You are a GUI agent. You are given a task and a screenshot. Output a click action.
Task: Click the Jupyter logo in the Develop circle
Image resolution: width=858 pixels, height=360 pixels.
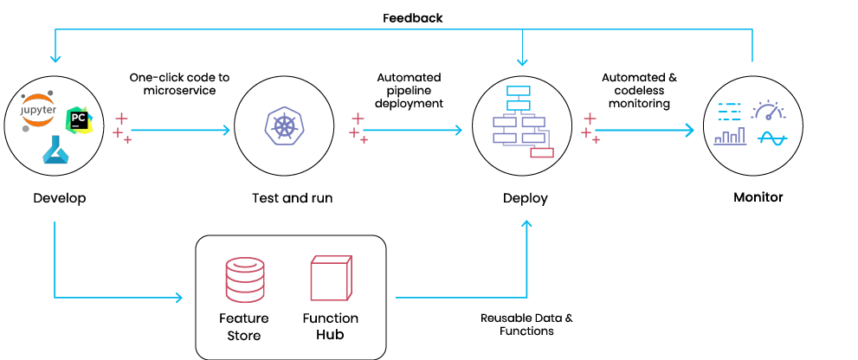pyautogui.click(x=38, y=111)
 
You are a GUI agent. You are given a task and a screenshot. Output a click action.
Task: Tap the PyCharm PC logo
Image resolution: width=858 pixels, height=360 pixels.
pyautogui.click(x=79, y=119)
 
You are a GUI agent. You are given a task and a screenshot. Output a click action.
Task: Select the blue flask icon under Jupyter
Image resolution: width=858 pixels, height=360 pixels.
pyautogui.click(x=55, y=150)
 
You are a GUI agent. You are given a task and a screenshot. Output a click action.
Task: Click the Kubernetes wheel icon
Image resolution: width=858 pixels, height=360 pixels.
pyautogui.click(x=283, y=126)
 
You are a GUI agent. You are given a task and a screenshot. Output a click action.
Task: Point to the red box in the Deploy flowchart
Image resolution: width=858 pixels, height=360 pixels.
pyautogui.click(x=542, y=152)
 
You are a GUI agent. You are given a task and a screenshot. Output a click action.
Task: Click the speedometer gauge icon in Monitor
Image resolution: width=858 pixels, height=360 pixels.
pyautogui.click(x=768, y=110)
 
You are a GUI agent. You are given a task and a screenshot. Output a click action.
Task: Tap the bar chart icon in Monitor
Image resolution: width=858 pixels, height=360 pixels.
pyautogui.click(x=730, y=136)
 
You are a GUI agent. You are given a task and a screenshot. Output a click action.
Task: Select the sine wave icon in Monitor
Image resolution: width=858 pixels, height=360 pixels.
pyautogui.click(x=772, y=138)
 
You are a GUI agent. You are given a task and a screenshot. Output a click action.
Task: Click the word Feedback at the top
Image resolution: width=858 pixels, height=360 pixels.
pyautogui.click(x=413, y=18)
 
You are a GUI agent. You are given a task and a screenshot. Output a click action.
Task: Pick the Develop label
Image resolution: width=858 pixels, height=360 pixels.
pyautogui.click(x=60, y=197)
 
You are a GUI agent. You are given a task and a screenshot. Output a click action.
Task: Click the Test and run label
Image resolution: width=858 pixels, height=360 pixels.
pyautogui.click(x=292, y=197)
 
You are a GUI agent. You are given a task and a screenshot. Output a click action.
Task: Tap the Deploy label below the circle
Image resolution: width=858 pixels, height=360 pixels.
pyautogui.click(x=526, y=198)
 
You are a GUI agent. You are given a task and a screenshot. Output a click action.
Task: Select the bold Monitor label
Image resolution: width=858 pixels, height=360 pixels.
pyautogui.click(x=758, y=197)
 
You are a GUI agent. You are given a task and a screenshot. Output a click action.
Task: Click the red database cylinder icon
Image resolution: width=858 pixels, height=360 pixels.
pyautogui.click(x=245, y=278)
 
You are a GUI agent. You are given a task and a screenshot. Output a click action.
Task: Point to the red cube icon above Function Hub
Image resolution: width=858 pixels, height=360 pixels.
pyautogui.click(x=331, y=278)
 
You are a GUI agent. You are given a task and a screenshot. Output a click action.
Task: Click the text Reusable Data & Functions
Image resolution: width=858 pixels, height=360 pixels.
pyautogui.click(x=526, y=325)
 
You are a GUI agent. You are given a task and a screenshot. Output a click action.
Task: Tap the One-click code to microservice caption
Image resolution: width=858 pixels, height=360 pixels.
pyautogui.click(x=179, y=84)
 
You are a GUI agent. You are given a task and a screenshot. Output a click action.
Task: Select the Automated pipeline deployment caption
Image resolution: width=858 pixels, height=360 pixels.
pyautogui.click(x=409, y=90)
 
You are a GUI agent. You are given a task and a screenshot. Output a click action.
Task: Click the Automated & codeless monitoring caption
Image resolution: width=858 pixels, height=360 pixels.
pyautogui.click(x=639, y=90)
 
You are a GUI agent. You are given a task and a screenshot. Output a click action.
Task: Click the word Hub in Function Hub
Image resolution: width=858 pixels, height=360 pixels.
pyautogui.click(x=330, y=334)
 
